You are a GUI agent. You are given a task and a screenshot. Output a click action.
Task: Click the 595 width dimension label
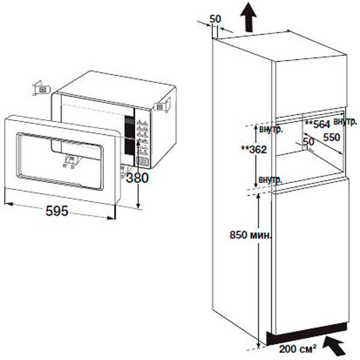click(57, 211)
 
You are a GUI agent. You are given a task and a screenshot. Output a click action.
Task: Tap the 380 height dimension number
click(137, 178)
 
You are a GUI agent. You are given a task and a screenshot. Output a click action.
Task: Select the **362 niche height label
click(254, 149)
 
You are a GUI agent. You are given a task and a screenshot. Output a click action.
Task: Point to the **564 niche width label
click(317, 124)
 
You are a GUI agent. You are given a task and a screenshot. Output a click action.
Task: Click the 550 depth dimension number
click(332, 137)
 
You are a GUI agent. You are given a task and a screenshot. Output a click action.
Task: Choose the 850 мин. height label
click(250, 235)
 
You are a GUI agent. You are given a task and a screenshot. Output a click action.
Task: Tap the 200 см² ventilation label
click(298, 349)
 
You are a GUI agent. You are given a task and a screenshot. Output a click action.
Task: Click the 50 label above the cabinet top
click(215, 19)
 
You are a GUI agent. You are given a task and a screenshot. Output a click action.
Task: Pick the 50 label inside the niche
click(308, 142)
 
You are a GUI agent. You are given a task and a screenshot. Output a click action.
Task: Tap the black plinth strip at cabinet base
click(307, 334)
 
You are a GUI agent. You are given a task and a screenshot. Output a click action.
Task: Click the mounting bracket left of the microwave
click(41, 88)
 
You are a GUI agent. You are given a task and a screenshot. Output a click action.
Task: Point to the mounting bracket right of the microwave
click(163, 105)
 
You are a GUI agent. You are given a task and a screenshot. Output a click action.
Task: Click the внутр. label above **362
click(271, 130)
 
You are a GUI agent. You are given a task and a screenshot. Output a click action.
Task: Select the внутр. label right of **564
click(346, 121)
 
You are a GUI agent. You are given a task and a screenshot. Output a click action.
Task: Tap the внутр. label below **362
click(270, 179)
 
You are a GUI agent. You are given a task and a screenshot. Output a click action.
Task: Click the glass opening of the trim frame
click(60, 161)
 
